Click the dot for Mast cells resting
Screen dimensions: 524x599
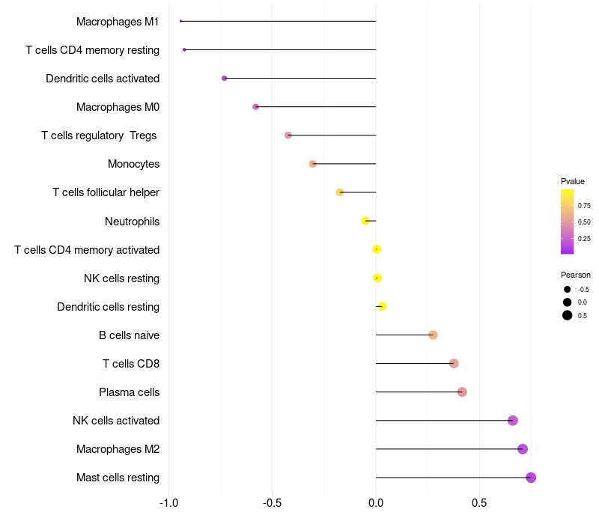tap(531, 478)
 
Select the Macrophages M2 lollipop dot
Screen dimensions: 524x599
tap(523, 449)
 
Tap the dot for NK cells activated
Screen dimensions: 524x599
tap(513, 421)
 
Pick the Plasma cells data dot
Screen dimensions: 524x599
tap(462, 392)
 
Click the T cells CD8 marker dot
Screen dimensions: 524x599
tap(454, 364)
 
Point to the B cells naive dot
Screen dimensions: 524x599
tap(433, 335)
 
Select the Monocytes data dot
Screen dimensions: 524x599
tap(313, 164)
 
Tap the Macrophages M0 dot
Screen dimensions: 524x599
tap(255, 107)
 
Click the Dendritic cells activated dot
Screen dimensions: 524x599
tap(224, 79)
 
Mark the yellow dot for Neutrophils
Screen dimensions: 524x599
tap(365, 221)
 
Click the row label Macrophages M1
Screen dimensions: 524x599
tap(118, 22)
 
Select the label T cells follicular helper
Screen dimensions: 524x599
tap(106, 192)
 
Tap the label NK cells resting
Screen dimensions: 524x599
tap(121, 278)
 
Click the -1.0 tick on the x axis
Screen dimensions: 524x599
tap(168, 502)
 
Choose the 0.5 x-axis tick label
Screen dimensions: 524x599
tap(480, 502)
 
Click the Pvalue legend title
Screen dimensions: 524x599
tap(573, 181)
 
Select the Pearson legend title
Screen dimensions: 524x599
tap(575, 275)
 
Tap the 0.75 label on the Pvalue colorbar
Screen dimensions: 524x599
tap(584, 205)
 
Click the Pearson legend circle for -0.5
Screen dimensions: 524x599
tap(568, 290)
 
